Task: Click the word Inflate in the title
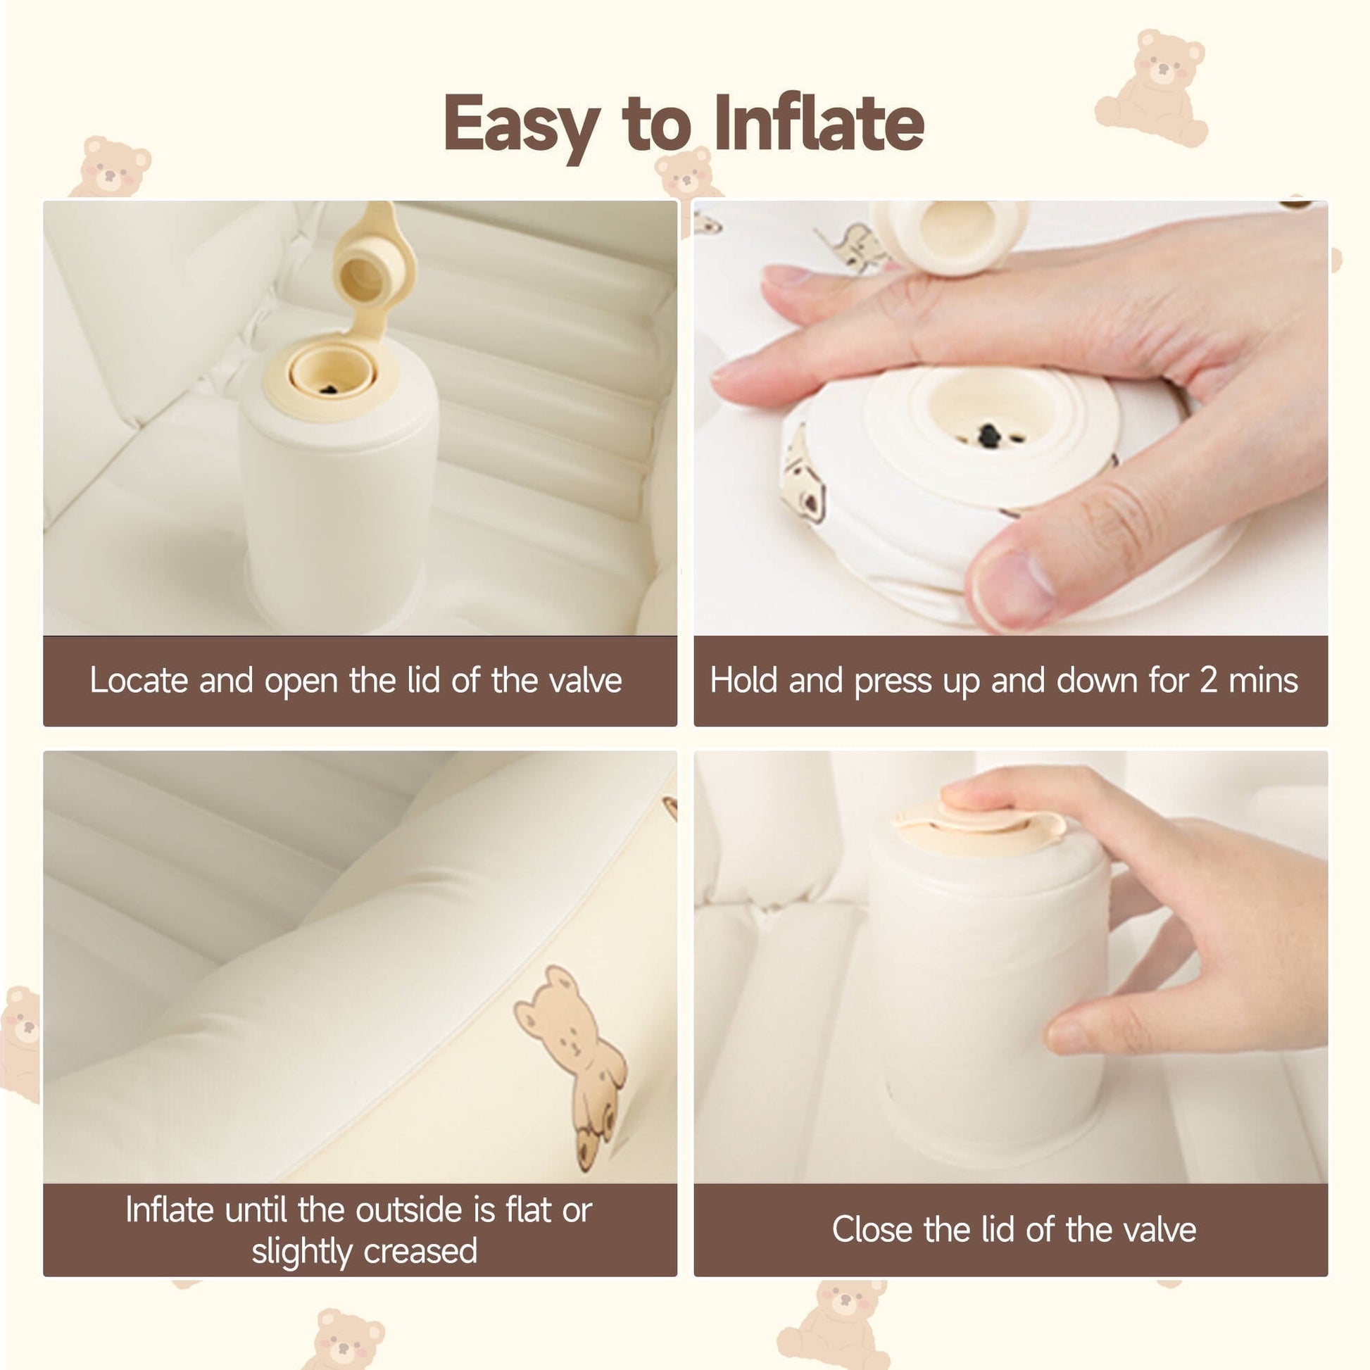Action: [x=818, y=123]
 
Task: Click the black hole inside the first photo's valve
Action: [x=328, y=388]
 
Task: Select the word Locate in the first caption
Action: [x=139, y=680]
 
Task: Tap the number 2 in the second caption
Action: [x=1208, y=680]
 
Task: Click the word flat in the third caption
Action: [x=527, y=1210]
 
